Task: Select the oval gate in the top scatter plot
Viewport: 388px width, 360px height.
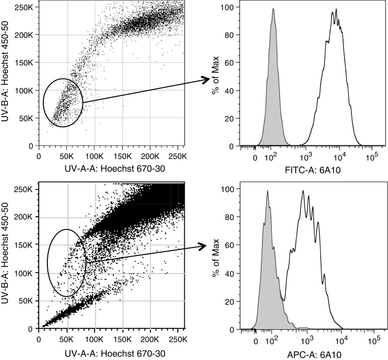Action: [62, 103]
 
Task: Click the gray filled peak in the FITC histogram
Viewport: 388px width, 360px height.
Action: [273, 111]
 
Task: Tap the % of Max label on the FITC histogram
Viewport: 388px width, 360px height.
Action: [215, 76]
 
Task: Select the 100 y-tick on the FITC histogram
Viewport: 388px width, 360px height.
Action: [229, 8]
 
